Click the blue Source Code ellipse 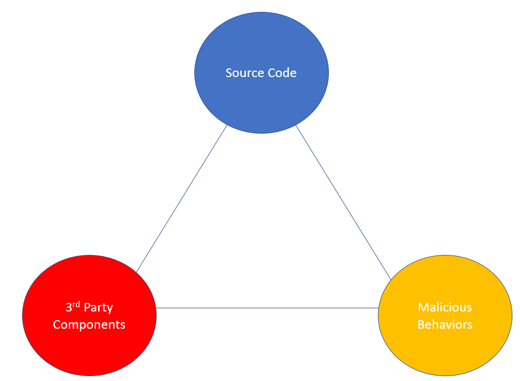pyautogui.click(x=261, y=100)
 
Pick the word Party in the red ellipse pyautogui.click(x=98, y=308)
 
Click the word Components pyautogui.click(x=89, y=325)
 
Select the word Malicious pyautogui.click(x=445, y=307)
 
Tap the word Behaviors pyautogui.click(x=445, y=324)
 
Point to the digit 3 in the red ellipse pyautogui.click(x=69, y=308)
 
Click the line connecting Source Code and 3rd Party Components pyautogui.click(x=181, y=199)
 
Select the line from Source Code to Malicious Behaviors pyautogui.click(x=343, y=202)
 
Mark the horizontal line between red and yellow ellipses pyautogui.click(x=268, y=308)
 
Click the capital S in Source pyautogui.click(x=229, y=73)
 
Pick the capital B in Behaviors pyautogui.click(x=421, y=324)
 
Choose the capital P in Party pyautogui.click(x=87, y=308)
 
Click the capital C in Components pyautogui.click(x=57, y=325)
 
